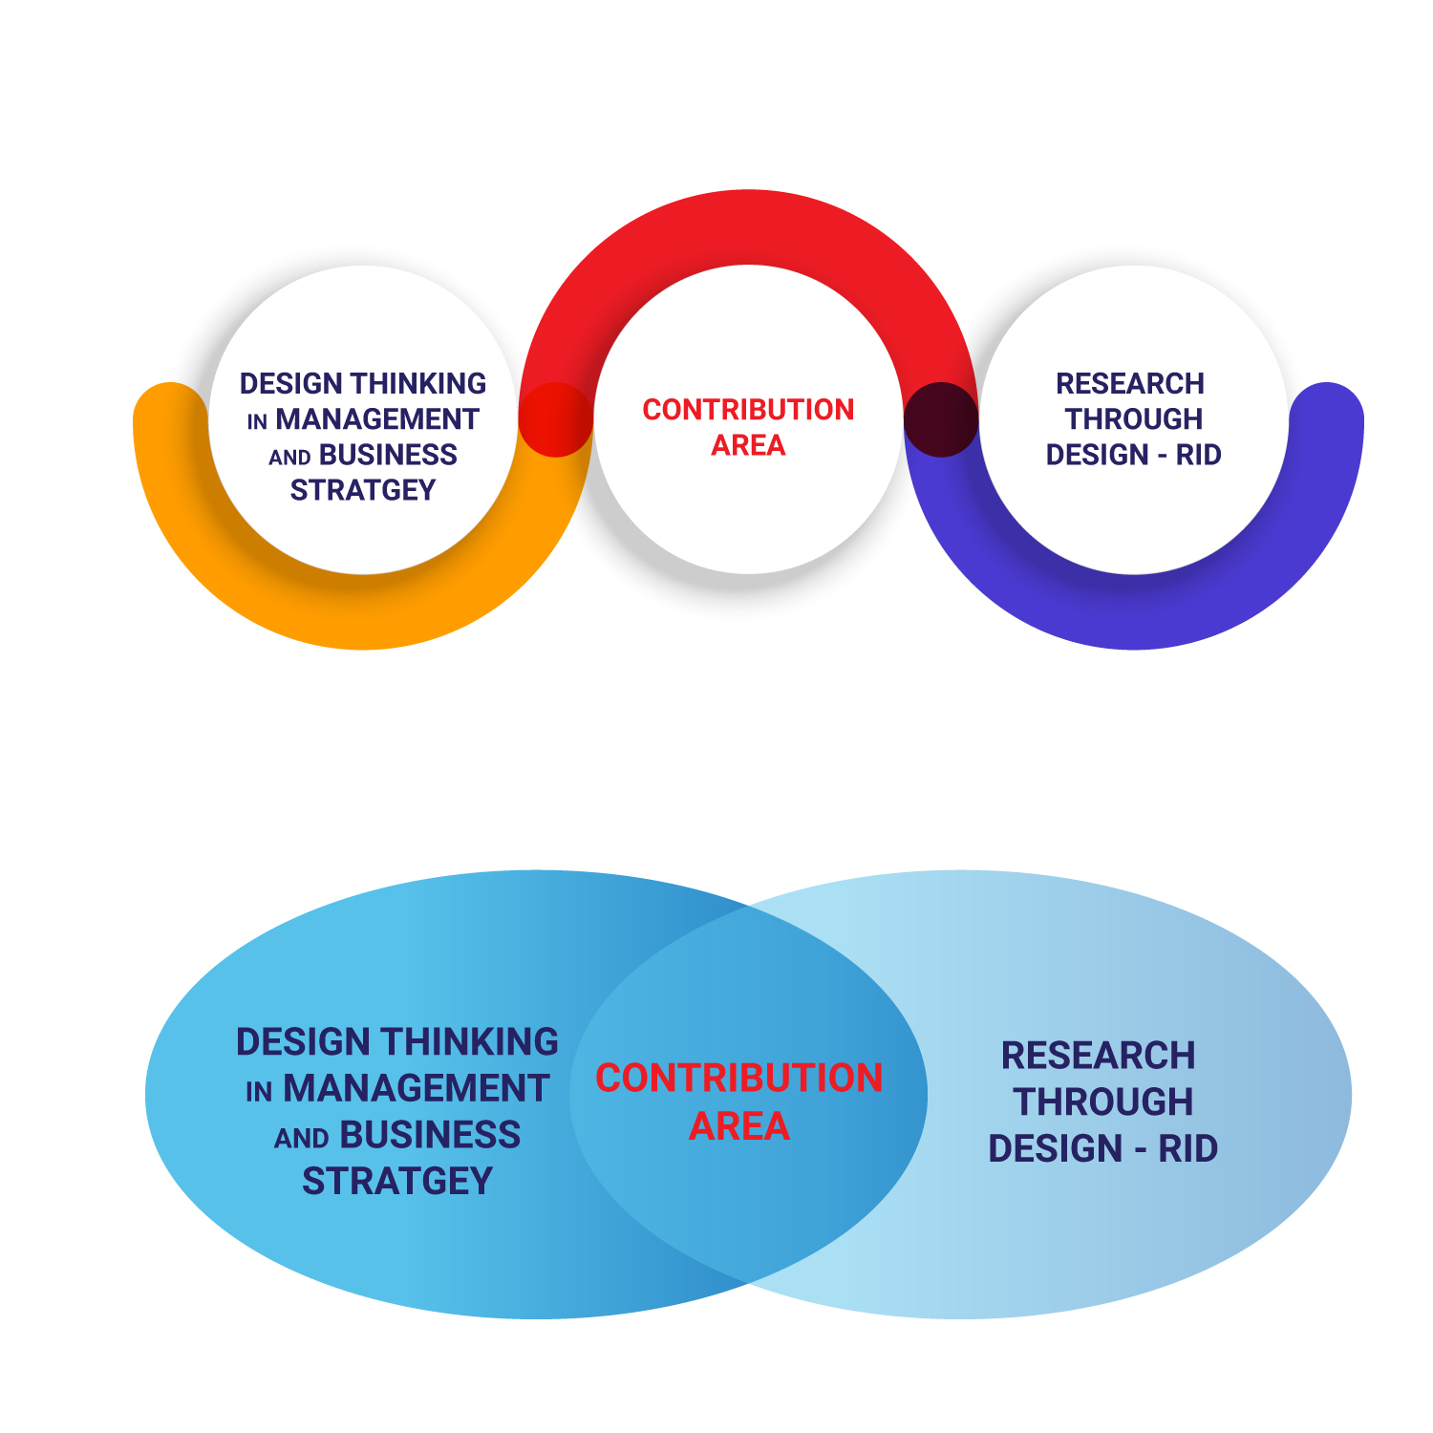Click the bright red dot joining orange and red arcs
tap(556, 419)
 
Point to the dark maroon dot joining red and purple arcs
tap(941, 419)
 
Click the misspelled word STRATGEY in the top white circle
tap(363, 490)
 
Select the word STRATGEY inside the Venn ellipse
tap(397, 1182)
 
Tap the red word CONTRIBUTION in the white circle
tap(748, 410)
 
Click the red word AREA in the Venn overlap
tap(739, 1127)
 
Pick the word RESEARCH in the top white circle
tap(1130, 384)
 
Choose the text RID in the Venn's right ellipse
tap(1188, 1148)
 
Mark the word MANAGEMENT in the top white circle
tap(377, 419)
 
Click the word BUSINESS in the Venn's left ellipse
tap(430, 1135)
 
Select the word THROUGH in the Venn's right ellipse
tap(1103, 1102)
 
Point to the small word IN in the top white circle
tap(257, 422)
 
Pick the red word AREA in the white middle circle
tap(748, 445)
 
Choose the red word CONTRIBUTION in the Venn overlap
tap(739, 1079)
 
